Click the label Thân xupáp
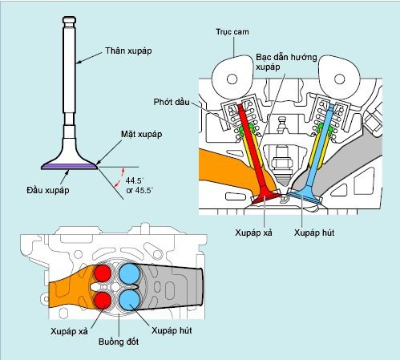click(128, 51)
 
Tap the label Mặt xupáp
click(142, 134)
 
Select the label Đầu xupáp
click(48, 190)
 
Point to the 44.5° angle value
click(135, 180)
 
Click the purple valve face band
click(69, 167)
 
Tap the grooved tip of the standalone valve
click(69, 20)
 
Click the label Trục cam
click(232, 32)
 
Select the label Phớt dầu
click(172, 102)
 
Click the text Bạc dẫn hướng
click(286, 57)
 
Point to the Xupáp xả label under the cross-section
click(253, 233)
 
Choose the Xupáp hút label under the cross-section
click(314, 233)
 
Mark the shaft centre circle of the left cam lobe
click(232, 79)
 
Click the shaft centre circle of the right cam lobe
click(339, 79)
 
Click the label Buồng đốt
click(119, 342)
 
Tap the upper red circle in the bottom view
click(103, 273)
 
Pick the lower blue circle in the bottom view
click(130, 300)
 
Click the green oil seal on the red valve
click(246, 131)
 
